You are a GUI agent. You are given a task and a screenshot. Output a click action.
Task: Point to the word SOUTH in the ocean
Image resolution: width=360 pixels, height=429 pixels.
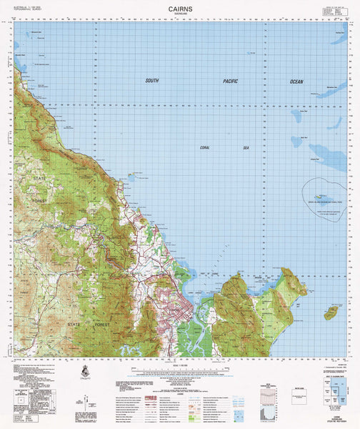[x=151, y=81]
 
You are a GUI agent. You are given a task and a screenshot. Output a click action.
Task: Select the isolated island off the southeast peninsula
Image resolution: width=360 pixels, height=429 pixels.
[x=331, y=312]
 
